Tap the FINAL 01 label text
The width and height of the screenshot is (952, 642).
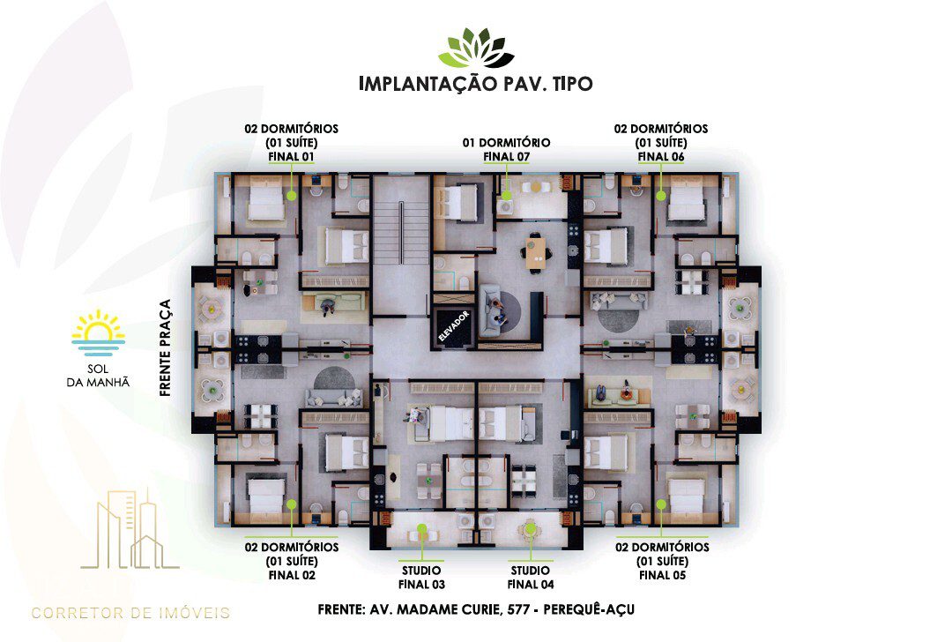click(x=292, y=157)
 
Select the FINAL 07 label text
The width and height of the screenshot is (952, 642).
click(x=506, y=157)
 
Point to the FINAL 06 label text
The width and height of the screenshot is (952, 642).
click(x=661, y=157)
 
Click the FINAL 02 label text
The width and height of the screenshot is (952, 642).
click(x=292, y=575)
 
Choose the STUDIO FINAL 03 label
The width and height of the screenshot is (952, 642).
click(x=421, y=578)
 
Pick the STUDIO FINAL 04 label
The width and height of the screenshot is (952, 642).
click(x=531, y=578)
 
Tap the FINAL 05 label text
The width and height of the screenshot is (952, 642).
click(x=662, y=575)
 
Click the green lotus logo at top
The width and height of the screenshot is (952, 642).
click(x=476, y=48)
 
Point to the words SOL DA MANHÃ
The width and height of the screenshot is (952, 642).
click(x=98, y=376)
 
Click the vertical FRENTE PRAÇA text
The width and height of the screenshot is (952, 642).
click(x=165, y=347)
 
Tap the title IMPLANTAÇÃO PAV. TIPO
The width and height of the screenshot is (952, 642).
click(x=476, y=83)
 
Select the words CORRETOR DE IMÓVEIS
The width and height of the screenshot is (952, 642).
click(x=130, y=613)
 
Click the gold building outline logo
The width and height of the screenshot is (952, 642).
click(x=130, y=528)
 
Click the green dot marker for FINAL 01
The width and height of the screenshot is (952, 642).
click(x=292, y=196)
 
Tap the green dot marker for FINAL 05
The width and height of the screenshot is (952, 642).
click(x=661, y=504)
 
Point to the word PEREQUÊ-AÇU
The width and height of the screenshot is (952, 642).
click(x=589, y=608)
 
